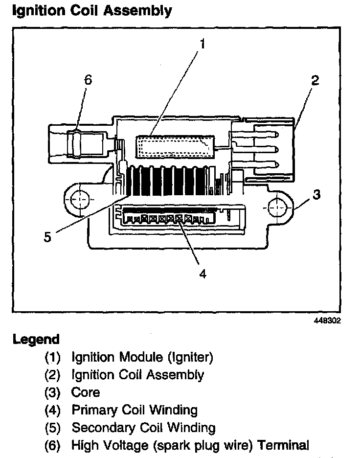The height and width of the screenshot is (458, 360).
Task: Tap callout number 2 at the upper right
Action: (315, 81)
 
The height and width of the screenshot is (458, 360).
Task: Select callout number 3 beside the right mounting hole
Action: (317, 195)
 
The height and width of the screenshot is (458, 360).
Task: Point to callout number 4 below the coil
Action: (202, 274)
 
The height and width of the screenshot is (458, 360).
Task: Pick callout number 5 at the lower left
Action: (47, 237)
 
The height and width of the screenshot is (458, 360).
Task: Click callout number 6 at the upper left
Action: (88, 80)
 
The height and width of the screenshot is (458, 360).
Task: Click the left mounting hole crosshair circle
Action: (78, 200)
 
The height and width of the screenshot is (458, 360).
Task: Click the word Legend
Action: (36, 339)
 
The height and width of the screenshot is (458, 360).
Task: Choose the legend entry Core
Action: (86, 392)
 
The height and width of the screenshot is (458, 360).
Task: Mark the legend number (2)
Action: (52, 375)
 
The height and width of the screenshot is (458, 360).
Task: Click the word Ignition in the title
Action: (35, 10)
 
